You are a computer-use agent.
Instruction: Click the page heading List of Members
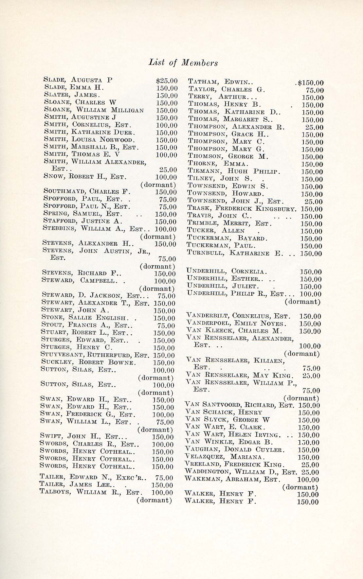183,62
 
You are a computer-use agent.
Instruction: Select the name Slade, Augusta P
78,80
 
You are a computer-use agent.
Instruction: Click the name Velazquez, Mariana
224,457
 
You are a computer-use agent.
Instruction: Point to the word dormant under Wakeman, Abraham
301,487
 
